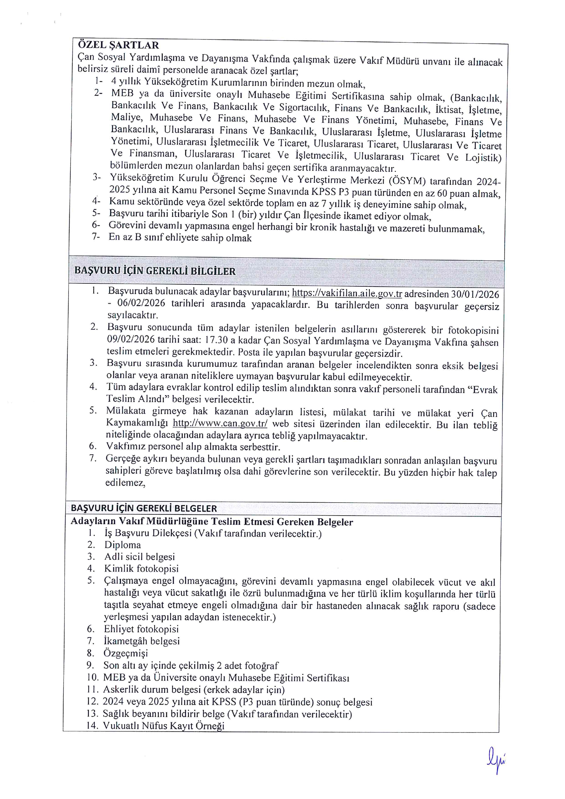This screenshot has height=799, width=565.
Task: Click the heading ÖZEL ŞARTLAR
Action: tap(118, 45)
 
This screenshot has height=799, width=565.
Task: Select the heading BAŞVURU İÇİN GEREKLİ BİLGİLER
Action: tap(155, 271)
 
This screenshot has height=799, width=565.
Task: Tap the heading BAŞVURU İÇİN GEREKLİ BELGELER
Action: tap(144, 509)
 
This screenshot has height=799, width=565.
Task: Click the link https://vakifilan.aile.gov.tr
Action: tap(347, 293)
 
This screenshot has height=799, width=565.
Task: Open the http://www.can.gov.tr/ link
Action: tap(220, 423)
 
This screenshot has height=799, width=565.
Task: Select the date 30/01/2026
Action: tap(475, 294)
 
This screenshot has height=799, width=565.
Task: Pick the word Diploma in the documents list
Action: tap(122, 545)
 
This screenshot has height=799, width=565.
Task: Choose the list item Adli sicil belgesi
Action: tap(139, 557)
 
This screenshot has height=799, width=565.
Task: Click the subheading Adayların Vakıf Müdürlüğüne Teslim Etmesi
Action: tap(212, 522)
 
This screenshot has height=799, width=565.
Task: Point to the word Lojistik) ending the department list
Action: tap(483, 158)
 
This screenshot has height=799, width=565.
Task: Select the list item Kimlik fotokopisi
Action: tap(141, 569)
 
